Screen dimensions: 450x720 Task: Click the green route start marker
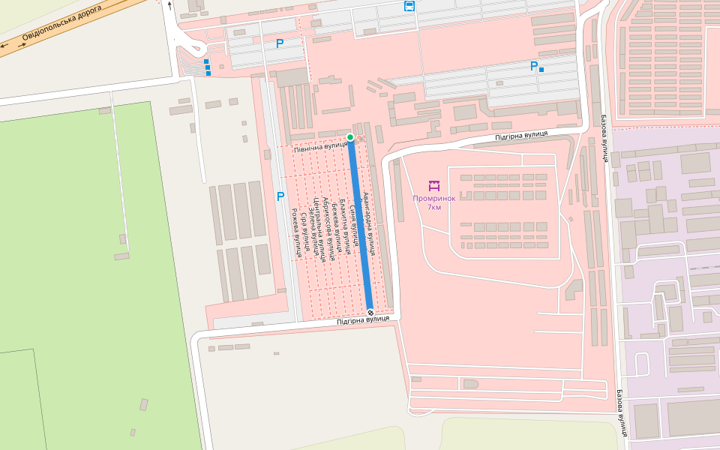pos(350,137)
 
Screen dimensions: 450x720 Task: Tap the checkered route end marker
pos(370,312)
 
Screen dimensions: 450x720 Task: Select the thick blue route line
pos(360,225)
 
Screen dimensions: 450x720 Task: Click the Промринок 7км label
pos(433,202)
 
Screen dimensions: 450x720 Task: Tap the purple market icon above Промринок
pos(433,184)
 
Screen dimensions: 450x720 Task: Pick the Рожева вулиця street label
pos(296,232)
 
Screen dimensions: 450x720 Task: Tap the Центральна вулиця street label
pos(320,229)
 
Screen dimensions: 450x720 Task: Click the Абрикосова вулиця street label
pos(328,229)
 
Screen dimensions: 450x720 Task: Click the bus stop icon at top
pos(409,7)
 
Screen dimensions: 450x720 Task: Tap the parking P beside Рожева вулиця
pos(280,196)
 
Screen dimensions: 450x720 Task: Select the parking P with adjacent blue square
pos(534,66)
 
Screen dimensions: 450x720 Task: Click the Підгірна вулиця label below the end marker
pos(363,320)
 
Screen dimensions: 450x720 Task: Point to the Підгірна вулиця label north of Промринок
pos(520,135)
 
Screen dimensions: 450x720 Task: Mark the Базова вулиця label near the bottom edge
pos(622,412)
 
